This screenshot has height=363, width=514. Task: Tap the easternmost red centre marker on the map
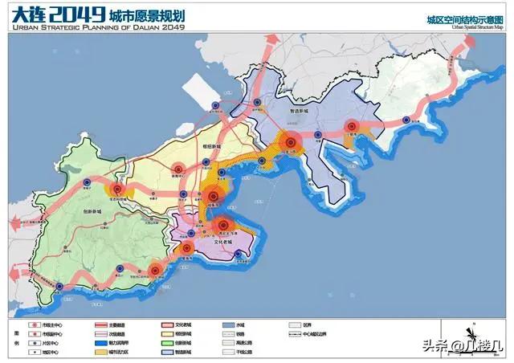click(351, 126)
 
